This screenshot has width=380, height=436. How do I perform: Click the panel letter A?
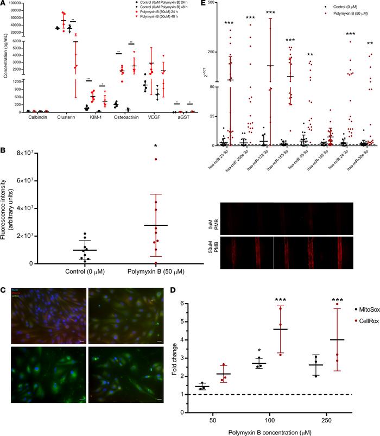(4, 4)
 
